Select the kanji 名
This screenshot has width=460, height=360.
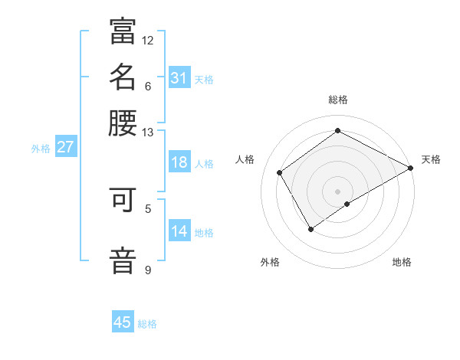coord(123,77)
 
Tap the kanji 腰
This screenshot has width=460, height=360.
coord(123,123)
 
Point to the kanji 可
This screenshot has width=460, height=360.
coord(123,201)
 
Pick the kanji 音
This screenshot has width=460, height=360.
coord(123,259)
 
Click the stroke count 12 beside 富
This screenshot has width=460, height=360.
coord(148,40)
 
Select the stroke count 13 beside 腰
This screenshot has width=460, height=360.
coord(148,132)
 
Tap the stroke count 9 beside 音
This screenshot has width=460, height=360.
coord(148,270)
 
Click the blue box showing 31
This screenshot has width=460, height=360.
coord(179,78)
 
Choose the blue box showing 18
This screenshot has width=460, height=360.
coord(179,162)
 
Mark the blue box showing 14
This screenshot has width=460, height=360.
coord(179,231)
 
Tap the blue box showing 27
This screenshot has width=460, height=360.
coord(65,148)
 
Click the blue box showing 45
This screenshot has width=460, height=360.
coord(123,322)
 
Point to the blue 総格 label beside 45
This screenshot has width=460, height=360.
coord(148,324)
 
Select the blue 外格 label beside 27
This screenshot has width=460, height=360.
coord(41,149)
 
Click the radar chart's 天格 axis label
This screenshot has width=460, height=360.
coord(431,159)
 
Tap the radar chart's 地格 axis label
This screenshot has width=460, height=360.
coord(402,262)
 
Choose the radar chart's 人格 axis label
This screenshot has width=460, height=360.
coord(245,159)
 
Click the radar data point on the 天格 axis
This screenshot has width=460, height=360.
coord(411,168)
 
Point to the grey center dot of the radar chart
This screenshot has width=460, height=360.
coord(338,191)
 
